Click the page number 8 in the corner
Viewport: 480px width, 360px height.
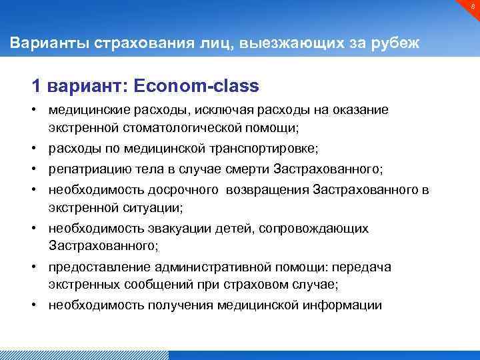click(x=471, y=7)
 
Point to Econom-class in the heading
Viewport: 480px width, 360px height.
click(x=196, y=87)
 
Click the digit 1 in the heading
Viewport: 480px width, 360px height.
click(x=37, y=87)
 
